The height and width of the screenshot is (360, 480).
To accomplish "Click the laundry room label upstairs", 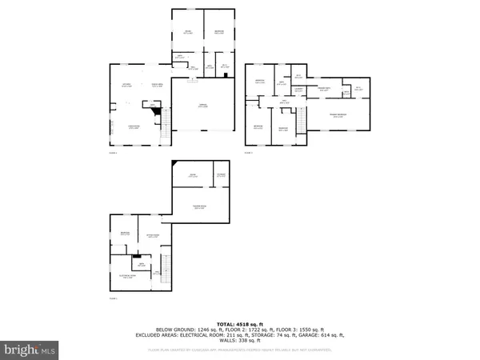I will [x=298, y=90].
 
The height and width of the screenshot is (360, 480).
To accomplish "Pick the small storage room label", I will [x=221, y=174].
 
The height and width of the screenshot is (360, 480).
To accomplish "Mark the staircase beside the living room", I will [x=165, y=122].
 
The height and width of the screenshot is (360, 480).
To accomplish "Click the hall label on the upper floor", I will [x=284, y=102].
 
